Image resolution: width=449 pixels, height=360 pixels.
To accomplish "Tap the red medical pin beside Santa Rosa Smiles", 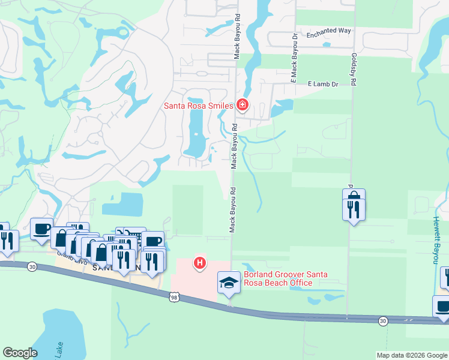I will (242, 106).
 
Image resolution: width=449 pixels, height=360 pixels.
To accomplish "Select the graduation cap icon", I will (229, 282).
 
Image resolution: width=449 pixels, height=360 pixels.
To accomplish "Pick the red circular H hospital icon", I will (200, 263).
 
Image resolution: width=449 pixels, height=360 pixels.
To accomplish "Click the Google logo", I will (20, 353).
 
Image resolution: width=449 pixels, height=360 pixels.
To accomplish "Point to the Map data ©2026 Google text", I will (411, 355).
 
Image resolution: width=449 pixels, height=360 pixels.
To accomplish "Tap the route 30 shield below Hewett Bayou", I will (383, 321).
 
